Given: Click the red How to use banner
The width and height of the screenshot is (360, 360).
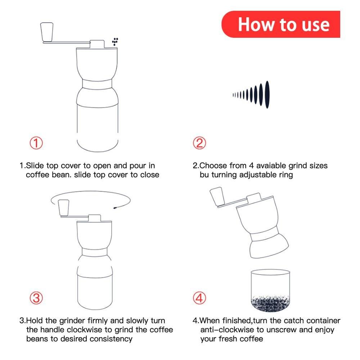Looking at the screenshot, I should tap(281, 24).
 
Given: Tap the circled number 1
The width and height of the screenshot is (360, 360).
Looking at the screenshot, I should tap(36, 143).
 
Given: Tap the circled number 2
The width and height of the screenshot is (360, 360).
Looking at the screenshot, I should tap(199, 143).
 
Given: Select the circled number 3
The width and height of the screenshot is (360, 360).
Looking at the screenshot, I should tap(36, 298).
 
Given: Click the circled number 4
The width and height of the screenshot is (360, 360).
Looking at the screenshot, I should tap(199, 298).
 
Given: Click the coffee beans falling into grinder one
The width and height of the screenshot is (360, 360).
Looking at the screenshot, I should tap(115, 41).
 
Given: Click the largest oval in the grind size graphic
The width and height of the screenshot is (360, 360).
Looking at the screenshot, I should tap(267, 95).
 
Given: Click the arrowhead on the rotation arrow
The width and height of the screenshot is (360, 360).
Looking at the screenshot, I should tap(115, 207).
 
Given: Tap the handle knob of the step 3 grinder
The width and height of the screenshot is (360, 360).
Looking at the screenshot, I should tap(63, 208).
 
